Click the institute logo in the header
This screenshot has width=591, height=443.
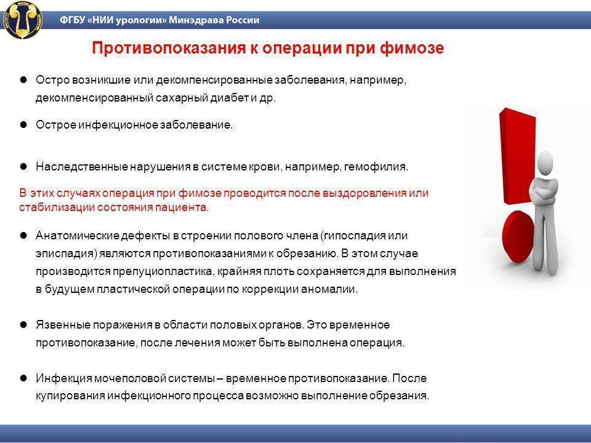[x=23, y=20]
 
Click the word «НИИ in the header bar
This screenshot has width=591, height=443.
[x=100, y=20]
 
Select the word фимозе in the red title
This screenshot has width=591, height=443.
[x=412, y=48]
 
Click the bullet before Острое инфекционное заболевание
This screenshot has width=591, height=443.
[x=24, y=124]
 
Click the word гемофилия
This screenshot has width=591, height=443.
[x=376, y=167]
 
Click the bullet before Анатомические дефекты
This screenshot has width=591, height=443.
[x=24, y=236]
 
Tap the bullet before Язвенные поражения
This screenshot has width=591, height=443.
[x=24, y=324]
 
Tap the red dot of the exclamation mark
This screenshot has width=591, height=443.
[x=519, y=237]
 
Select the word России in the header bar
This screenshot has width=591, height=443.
[x=243, y=20]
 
